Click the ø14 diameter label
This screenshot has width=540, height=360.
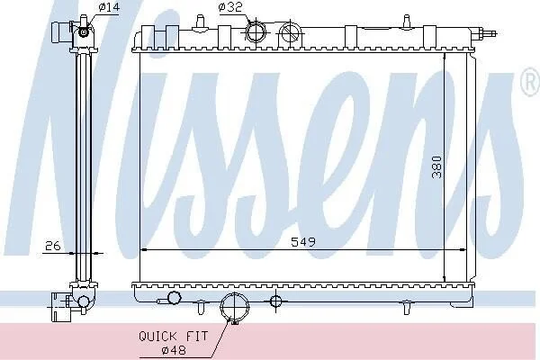pyautogui.click(x=109, y=6)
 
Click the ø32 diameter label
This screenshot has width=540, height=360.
pyautogui.click(x=230, y=7)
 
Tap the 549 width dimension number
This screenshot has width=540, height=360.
pyautogui.click(x=303, y=242)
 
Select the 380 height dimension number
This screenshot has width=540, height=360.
pyautogui.click(x=436, y=167)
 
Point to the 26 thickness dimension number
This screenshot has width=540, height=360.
pyautogui.click(x=53, y=246)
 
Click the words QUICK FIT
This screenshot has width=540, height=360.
pyautogui.click(x=173, y=336)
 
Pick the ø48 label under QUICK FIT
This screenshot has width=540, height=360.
pyautogui.click(x=174, y=350)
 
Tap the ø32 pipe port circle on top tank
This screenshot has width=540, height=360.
pyautogui.click(x=256, y=31)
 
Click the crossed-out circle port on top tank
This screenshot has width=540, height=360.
pyautogui.click(x=291, y=32)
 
